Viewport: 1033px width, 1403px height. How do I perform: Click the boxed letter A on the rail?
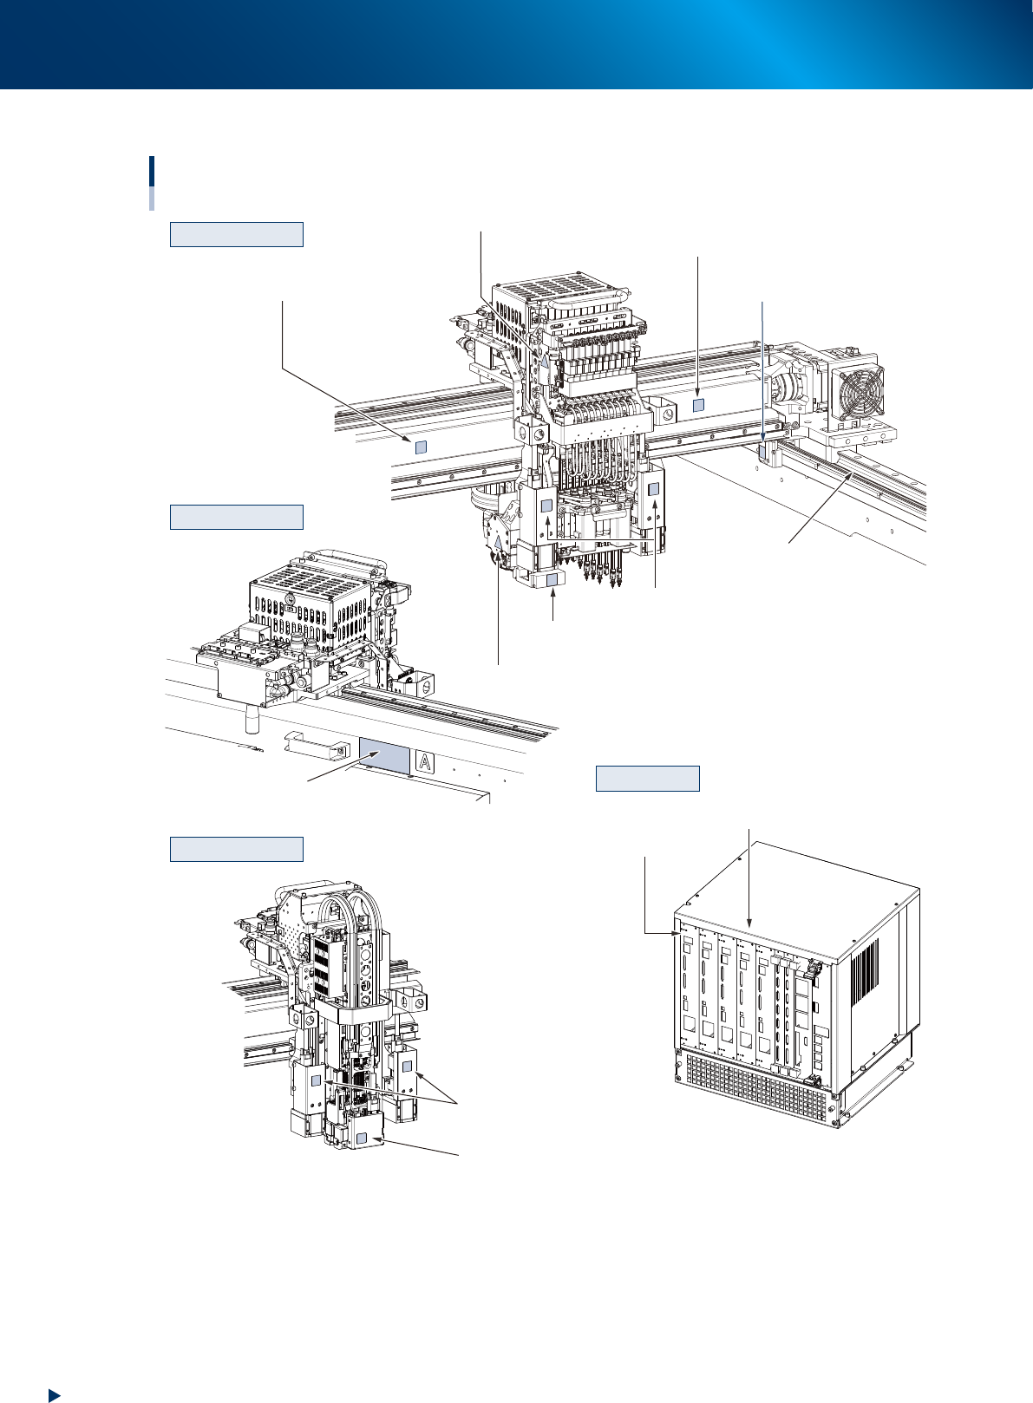[425, 762]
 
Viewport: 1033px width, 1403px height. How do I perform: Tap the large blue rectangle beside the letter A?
[384, 757]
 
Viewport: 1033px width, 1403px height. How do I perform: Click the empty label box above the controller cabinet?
[647, 778]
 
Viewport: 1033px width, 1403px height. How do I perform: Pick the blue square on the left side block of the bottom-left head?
[316, 1080]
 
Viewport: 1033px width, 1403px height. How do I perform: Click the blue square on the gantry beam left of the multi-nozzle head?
[420, 447]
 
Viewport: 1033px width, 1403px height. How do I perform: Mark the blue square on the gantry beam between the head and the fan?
[698, 406]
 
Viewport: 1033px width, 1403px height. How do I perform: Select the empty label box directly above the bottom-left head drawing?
[236, 849]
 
